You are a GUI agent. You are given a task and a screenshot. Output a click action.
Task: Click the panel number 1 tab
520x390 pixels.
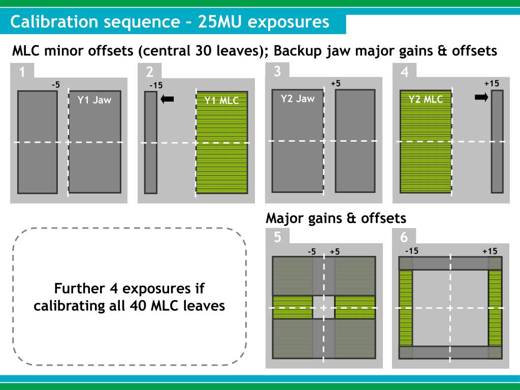pos(22,72)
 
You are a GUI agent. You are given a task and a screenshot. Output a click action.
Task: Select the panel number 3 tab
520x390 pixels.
pos(277,71)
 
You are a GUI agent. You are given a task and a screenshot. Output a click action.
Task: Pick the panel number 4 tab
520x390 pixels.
pos(405,72)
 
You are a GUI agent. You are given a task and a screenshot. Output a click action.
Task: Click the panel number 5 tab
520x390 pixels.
pos(277,237)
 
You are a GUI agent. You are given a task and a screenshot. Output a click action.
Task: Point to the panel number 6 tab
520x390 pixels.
pos(404,237)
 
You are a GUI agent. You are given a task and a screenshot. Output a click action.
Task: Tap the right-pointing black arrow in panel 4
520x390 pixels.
pos(481,98)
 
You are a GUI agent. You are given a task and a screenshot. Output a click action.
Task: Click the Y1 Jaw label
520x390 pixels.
pos(94,100)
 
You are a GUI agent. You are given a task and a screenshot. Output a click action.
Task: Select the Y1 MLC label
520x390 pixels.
pos(221,101)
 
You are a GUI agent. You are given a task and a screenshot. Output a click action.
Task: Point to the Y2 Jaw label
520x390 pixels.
pos(298,99)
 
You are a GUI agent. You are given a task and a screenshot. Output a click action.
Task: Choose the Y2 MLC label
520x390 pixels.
pos(426,100)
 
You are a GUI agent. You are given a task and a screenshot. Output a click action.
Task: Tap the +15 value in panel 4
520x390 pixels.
pos(492,83)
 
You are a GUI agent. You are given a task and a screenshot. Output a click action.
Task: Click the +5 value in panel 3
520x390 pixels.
pos(335,83)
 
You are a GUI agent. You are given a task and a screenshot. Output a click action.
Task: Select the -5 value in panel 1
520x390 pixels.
pos(56,85)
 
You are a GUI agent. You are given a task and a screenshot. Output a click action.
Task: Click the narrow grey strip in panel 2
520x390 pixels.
pos(151,142)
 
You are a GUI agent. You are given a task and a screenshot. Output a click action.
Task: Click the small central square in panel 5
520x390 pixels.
pos(323,307)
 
